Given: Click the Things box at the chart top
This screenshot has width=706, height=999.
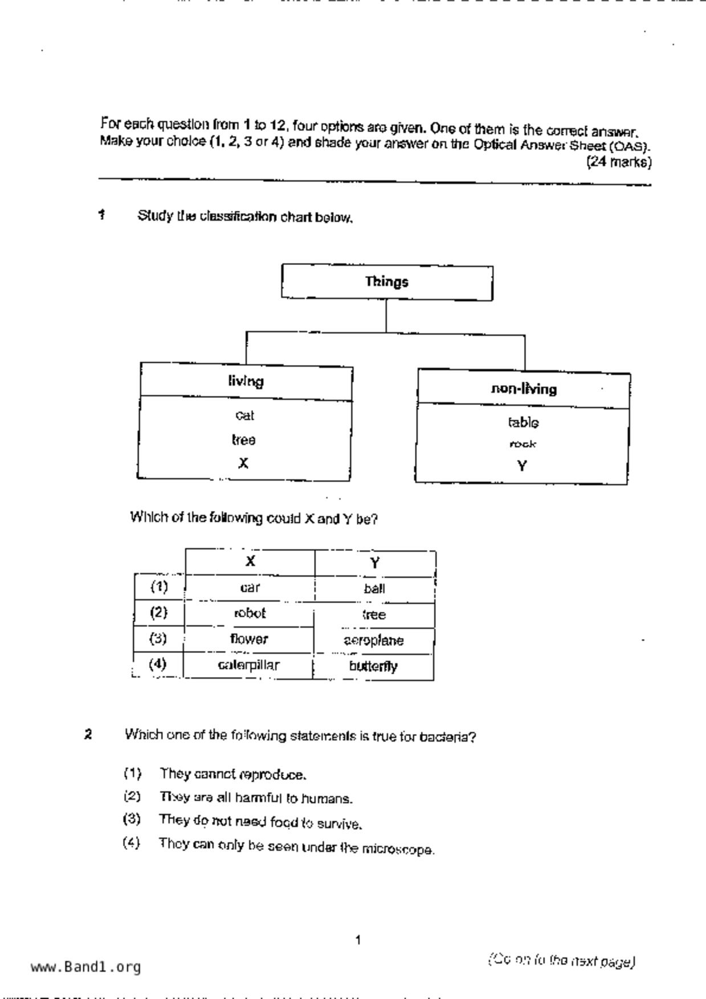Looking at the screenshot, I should pyautogui.click(x=387, y=282).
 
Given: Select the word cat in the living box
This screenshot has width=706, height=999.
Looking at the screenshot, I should pyautogui.click(x=244, y=416).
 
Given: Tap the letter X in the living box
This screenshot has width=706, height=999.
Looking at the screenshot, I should pyautogui.click(x=243, y=464).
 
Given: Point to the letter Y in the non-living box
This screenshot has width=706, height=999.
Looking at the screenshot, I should pyautogui.click(x=522, y=466).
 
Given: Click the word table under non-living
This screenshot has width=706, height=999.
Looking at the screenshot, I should pyautogui.click(x=523, y=423).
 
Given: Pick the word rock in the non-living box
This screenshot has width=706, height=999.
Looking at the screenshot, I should pyautogui.click(x=523, y=444).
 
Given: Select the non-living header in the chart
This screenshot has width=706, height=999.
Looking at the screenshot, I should pyautogui.click(x=524, y=389).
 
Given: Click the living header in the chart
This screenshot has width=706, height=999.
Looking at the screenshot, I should pyautogui.click(x=246, y=381).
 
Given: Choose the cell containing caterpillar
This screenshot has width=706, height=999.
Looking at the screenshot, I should pyautogui.click(x=249, y=665).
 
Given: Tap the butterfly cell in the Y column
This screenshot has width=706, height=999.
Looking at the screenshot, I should pyautogui.click(x=373, y=667).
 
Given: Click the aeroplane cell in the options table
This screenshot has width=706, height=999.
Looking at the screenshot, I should pyautogui.click(x=374, y=641).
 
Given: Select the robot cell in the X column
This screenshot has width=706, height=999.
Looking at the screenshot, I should pyautogui.click(x=250, y=613).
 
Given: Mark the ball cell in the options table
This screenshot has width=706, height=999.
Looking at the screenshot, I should pyautogui.click(x=374, y=588).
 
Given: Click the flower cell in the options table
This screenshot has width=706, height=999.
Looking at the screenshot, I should pyautogui.click(x=249, y=639).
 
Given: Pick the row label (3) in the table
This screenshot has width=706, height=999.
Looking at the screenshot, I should pyautogui.click(x=158, y=638).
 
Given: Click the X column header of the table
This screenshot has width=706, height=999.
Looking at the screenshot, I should pyautogui.click(x=250, y=562).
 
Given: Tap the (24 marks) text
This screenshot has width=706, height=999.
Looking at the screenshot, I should pyautogui.click(x=619, y=162).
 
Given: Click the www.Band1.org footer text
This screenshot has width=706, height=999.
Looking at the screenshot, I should pyautogui.click(x=85, y=967).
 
